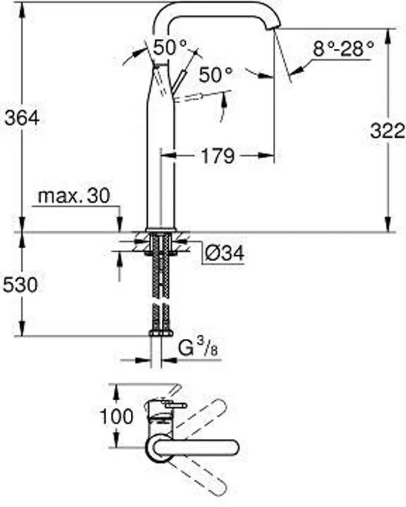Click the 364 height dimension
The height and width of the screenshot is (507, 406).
(21, 118)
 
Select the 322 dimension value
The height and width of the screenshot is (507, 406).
(387, 131)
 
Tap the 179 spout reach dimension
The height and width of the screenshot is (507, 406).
(217, 156)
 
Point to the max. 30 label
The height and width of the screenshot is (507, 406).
(74, 196)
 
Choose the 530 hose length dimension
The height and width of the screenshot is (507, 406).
(20, 285)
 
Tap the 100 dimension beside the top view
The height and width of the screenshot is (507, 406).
(116, 416)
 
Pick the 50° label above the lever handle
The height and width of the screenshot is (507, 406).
(170, 46)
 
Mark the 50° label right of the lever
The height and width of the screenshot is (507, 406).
(215, 75)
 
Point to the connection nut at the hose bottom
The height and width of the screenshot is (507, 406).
(159, 332)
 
